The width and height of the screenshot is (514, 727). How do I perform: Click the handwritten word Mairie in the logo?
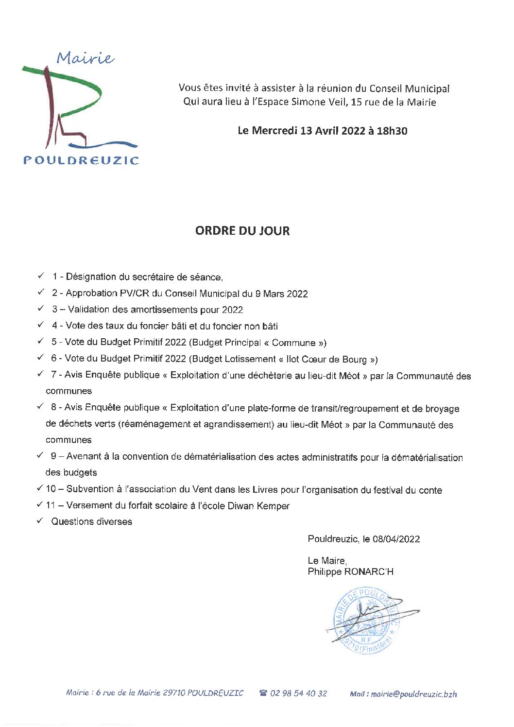86,58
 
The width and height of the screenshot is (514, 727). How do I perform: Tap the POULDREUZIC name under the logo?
81,160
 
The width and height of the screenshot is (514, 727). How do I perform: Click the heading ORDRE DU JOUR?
242,231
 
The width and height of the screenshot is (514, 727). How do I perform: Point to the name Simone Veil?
318,102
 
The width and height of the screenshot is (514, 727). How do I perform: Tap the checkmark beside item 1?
41,276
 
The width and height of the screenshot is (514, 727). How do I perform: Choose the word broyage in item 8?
442,409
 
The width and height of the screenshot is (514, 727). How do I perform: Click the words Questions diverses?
92,522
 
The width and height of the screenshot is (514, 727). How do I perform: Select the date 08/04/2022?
396,539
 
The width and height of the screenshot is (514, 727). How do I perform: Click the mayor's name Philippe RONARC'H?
350,571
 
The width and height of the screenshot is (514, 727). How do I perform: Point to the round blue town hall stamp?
367,620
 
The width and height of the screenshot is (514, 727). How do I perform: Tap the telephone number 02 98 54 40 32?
298,693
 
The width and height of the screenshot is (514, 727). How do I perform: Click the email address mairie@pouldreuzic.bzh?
413,694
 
